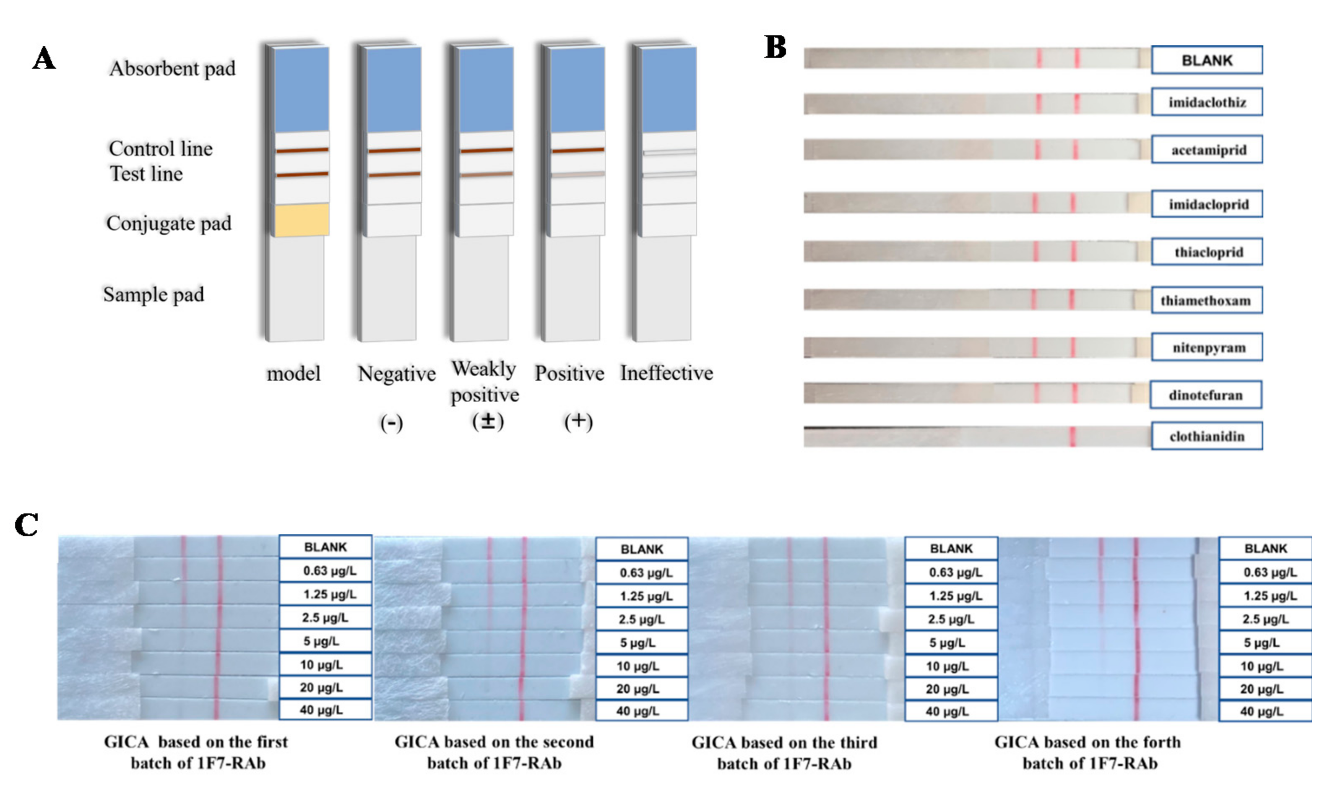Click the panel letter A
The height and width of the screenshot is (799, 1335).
click(x=44, y=58)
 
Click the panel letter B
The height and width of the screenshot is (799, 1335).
click(x=775, y=47)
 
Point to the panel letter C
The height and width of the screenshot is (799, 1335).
click(x=26, y=525)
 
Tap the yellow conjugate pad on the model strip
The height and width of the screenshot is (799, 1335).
click(x=302, y=220)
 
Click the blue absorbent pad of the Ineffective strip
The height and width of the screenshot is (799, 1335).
click(x=669, y=89)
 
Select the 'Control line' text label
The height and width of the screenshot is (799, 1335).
click(x=160, y=148)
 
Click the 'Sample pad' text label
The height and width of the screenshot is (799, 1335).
click(x=154, y=294)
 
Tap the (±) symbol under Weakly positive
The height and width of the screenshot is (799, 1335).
click(x=488, y=422)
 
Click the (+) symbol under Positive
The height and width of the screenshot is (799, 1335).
click(x=578, y=422)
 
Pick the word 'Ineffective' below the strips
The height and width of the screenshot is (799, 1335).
click(x=666, y=372)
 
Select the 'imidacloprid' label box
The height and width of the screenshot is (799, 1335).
click(x=1207, y=204)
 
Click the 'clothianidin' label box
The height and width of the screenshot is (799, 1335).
click(x=1207, y=436)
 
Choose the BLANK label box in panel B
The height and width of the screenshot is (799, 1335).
click(x=1207, y=60)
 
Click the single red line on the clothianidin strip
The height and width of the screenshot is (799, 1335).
click(x=1072, y=437)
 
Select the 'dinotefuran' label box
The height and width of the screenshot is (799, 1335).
click(x=1206, y=395)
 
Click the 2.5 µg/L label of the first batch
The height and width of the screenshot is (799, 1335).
click(x=325, y=617)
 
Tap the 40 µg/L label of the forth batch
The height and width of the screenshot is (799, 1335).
click(x=1265, y=711)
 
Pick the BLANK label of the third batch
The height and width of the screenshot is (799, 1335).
click(x=951, y=549)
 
